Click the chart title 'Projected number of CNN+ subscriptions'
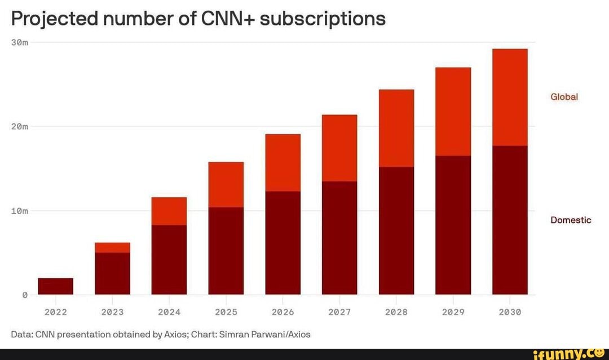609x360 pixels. point(198,19)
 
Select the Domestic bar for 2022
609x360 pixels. point(55,286)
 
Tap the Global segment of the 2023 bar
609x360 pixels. point(112,248)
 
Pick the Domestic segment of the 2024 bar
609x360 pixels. point(169,260)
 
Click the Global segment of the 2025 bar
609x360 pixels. point(226,185)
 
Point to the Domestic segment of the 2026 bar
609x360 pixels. point(283,243)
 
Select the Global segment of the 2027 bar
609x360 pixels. point(339,148)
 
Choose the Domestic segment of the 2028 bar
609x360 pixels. point(396,230)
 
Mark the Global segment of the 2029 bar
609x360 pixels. point(453,112)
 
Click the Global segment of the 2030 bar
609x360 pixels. point(510,97)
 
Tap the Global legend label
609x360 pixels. point(564,97)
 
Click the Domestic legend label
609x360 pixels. point(571,220)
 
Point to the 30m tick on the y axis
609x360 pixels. point(20,42)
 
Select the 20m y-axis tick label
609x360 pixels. point(20,126)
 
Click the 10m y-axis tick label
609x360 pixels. point(20,211)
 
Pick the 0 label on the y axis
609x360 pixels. point(25,295)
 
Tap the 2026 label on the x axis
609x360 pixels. point(283,312)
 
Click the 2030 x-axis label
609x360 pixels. point(510,312)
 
